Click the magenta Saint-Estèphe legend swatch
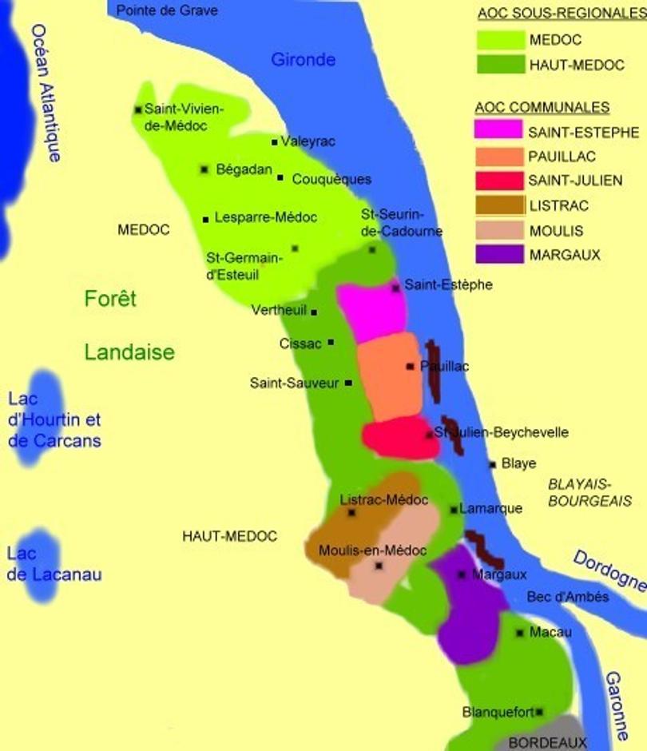tap(499, 130)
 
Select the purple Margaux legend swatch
tap(499, 254)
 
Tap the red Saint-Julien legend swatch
tap(499, 181)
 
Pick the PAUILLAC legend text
tap(562, 157)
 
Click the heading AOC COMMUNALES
tap(542, 108)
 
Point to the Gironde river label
tap(303, 59)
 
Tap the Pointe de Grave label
tap(167, 10)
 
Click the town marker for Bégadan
tap(204, 169)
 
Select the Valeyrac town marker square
tap(275, 142)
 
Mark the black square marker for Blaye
tap(493, 464)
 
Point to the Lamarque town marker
tap(454, 509)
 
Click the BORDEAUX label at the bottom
tap(547, 742)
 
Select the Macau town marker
tap(520, 633)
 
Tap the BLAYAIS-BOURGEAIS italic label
tap(589, 492)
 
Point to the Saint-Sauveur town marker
tap(348, 383)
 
